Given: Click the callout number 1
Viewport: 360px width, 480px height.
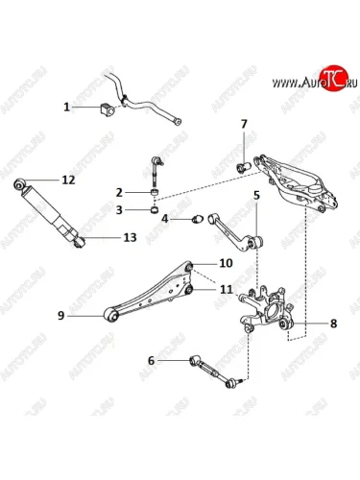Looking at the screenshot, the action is click(66, 107).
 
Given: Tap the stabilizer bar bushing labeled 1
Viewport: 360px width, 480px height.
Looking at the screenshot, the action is click(108, 109).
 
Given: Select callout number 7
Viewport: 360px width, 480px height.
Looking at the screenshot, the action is click(244, 124).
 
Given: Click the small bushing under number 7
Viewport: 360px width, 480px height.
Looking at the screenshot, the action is click(244, 167).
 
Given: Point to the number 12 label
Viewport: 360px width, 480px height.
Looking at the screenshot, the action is click(69, 180).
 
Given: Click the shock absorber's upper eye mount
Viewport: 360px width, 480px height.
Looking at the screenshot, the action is click(20, 184).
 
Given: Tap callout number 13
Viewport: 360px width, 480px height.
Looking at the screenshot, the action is click(130, 237).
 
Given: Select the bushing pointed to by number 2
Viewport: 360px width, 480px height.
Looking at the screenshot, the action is click(155, 193).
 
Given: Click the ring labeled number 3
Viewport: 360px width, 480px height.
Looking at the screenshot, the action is click(155, 210).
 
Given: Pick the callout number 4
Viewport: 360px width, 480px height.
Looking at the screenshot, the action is click(165, 219).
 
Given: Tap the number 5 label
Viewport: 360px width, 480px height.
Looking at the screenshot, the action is click(257, 195).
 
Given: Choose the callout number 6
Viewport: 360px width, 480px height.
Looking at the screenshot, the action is click(151, 361).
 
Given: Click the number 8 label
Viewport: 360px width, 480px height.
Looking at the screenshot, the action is click(333, 324).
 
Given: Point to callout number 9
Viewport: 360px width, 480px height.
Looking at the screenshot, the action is click(60, 316).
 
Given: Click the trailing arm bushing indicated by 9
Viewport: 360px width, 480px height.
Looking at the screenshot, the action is click(111, 316).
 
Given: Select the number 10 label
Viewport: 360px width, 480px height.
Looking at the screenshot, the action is click(226, 263).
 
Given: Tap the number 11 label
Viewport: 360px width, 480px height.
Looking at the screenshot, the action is click(227, 290).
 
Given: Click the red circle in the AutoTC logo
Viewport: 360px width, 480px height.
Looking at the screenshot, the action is click(334, 78).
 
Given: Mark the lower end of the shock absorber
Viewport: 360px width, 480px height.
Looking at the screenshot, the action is click(80, 242).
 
